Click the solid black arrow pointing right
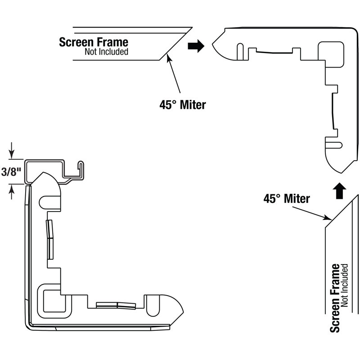click(x=196, y=46)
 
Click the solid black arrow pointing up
click(x=339, y=190)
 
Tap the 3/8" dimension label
click(x=11, y=172)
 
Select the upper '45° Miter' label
click(x=183, y=105)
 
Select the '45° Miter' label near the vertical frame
click(x=287, y=198)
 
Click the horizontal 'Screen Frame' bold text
click(x=94, y=42)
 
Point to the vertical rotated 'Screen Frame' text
click(x=335, y=298)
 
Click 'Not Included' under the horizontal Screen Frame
click(x=106, y=52)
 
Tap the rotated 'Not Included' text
click(x=344, y=285)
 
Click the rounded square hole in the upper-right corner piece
click(x=331, y=54)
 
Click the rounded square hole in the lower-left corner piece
click(x=54, y=301)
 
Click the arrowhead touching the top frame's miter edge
click(x=169, y=57)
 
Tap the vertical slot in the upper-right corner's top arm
click(x=240, y=52)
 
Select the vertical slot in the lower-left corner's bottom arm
click(x=153, y=306)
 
